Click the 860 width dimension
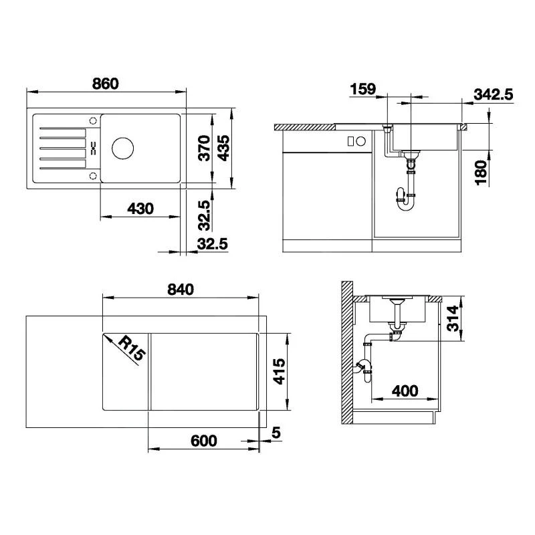[106, 84]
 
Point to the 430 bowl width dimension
[140, 209]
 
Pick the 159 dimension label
[362, 89]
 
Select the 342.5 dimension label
[492, 95]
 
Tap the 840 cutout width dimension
[180, 289]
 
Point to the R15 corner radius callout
[131, 348]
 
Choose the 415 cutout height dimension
[279, 371]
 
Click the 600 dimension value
[203, 441]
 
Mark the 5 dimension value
[276, 433]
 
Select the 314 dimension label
[453, 319]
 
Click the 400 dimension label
[405, 391]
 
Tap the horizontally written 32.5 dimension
[213, 245]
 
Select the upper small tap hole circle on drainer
[92, 120]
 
